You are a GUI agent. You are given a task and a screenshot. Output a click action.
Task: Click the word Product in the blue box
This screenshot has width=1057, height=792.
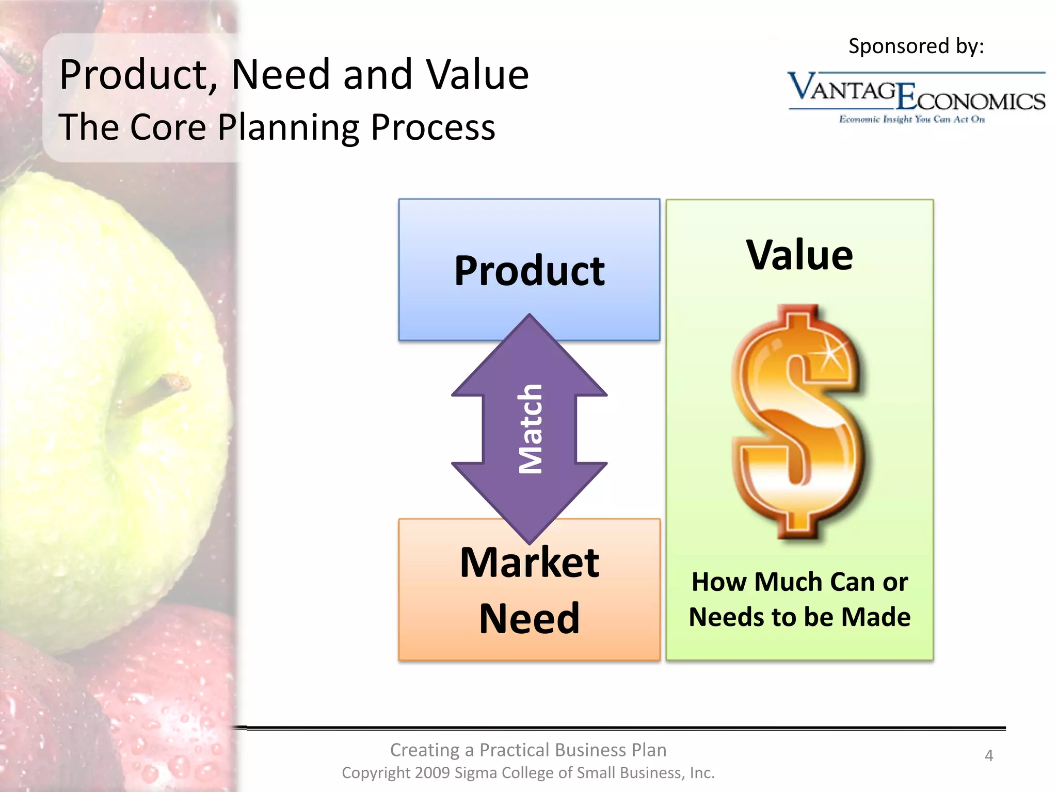pos(529,271)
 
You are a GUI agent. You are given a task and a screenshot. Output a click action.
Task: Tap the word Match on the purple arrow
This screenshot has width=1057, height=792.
pos(530,429)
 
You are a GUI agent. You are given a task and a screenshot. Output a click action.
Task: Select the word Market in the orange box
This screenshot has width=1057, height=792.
pos(529,563)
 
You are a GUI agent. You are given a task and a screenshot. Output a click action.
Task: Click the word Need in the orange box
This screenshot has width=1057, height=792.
pos(529,618)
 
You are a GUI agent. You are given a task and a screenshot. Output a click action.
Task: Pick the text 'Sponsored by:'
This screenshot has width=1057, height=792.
pos(916,46)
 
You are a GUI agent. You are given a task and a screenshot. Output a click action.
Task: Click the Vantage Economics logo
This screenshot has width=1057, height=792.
pos(916,93)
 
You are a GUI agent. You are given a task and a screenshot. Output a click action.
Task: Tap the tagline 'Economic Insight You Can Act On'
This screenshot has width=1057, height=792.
pos(911,120)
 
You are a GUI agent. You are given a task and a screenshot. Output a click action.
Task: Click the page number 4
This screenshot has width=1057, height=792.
pos(989,755)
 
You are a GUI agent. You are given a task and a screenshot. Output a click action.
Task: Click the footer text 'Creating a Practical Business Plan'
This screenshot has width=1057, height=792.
pos(528,750)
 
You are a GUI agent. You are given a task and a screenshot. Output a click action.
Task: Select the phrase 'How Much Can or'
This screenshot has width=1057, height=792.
pos(799,582)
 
